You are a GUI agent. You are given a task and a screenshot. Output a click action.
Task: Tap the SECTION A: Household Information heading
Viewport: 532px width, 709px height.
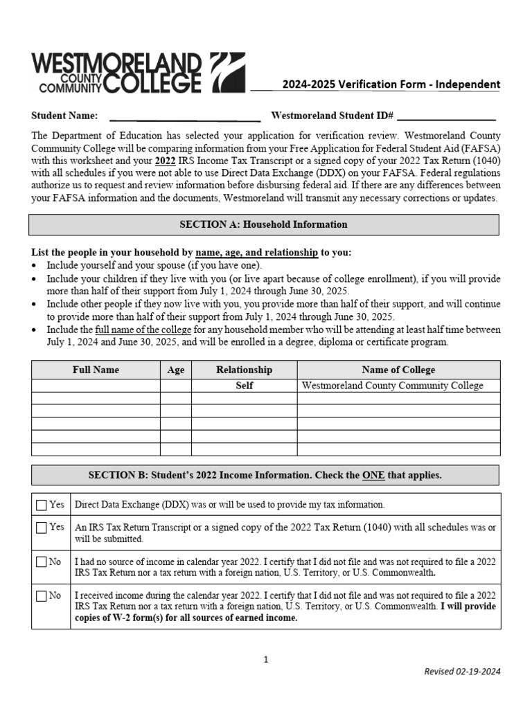click(x=263, y=225)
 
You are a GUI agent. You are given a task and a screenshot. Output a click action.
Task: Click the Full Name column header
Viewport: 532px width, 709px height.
click(x=96, y=370)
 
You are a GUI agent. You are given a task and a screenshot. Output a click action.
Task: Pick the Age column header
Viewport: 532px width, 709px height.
click(x=176, y=370)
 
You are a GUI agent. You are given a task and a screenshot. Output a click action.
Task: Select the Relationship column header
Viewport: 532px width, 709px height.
click(x=244, y=370)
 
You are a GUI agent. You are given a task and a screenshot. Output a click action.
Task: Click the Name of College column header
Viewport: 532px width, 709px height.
click(x=398, y=370)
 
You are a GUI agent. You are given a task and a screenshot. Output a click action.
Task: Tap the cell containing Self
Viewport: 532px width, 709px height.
click(x=244, y=386)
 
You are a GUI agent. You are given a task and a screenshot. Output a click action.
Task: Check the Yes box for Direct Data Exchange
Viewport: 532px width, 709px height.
click(x=42, y=505)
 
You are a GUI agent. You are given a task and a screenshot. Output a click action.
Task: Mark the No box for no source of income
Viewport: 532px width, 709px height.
click(x=42, y=562)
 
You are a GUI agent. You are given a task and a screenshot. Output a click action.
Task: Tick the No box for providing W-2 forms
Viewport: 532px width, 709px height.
click(x=42, y=595)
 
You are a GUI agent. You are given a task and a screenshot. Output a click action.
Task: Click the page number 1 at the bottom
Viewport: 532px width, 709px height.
click(x=266, y=660)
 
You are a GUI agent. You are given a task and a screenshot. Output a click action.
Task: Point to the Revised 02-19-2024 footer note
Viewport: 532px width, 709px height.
click(x=462, y=671)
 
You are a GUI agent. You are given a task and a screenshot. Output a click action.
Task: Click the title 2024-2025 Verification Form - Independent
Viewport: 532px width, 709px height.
click(x=391, y=84)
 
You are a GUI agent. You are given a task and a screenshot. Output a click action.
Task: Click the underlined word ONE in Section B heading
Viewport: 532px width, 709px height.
click(x=373, y=476)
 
